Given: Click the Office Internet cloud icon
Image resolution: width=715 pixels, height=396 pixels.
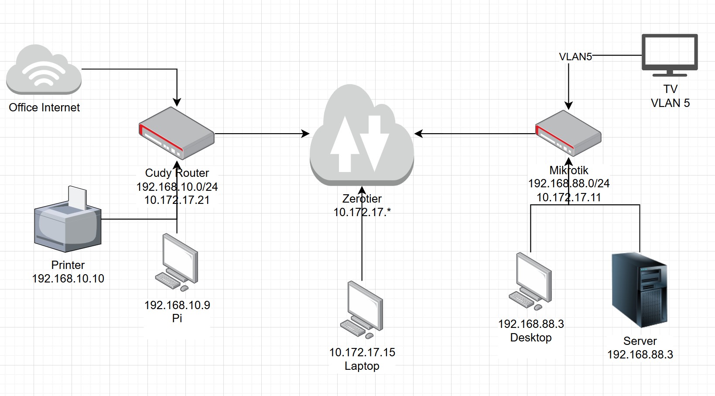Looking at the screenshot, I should coord(44,70).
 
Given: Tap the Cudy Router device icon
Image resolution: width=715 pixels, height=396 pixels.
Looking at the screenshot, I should coord(176,134).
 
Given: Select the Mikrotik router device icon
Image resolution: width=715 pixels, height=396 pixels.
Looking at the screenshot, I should coord(568,134).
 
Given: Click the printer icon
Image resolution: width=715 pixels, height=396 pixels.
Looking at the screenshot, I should coord(68,221).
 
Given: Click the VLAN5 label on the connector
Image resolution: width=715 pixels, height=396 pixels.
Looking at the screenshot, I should coord(575,57).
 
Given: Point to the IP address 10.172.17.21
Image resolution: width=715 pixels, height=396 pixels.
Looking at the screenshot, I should coord(177,200).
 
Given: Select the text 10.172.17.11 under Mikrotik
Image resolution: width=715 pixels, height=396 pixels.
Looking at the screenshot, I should coord(568,197).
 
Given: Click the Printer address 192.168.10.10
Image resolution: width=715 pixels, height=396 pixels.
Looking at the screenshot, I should coord(68,279).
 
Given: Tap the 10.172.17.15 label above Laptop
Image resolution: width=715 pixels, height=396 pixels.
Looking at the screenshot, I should coord(362,352).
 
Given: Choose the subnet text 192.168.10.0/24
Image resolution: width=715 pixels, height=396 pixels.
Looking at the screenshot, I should coord(177,187).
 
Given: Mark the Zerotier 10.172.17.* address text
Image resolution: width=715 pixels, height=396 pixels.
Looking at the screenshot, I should coord(362,212).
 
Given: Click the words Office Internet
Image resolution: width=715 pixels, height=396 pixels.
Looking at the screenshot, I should coord(44,107).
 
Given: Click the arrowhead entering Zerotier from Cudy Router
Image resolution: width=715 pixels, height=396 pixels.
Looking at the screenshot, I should coord(306,134).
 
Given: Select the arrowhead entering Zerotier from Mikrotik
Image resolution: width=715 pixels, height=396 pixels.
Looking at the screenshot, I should coord(418,134).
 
